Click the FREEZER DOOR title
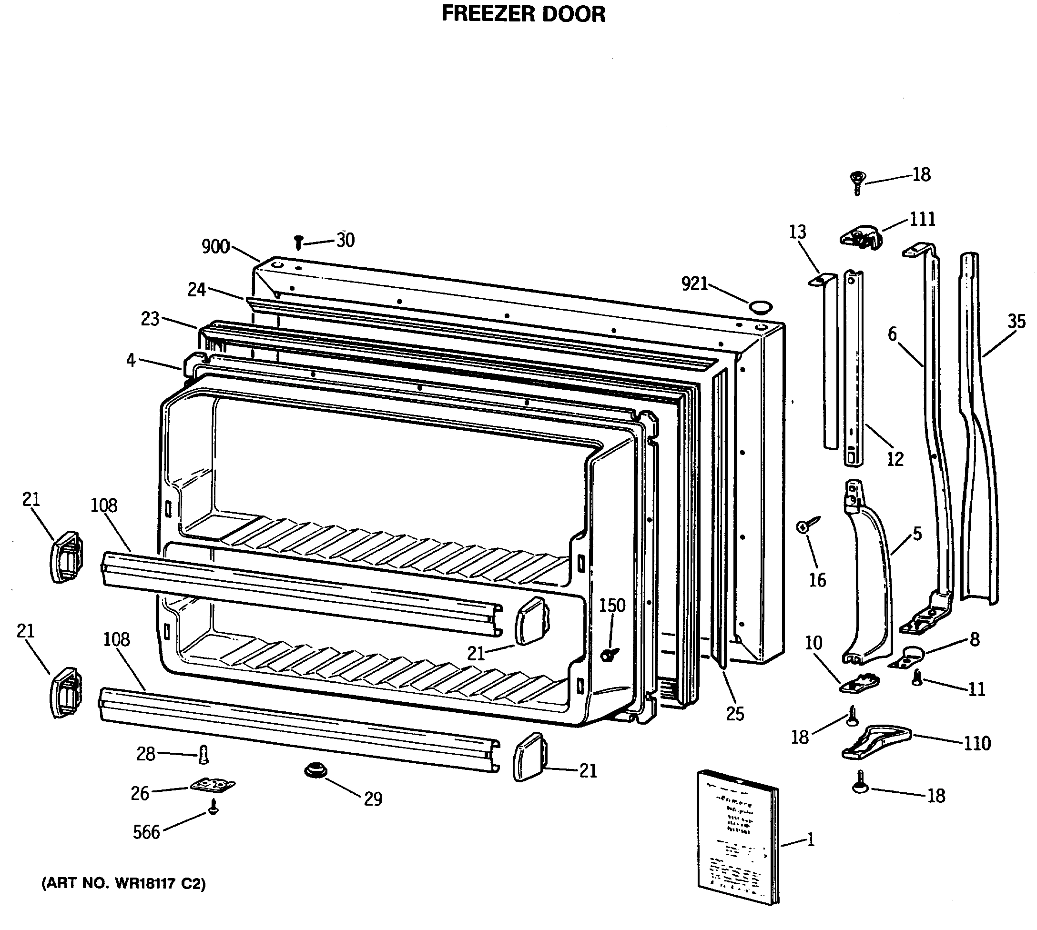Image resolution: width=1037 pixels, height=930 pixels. coord(523,14)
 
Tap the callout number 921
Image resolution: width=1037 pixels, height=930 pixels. coord(694,283)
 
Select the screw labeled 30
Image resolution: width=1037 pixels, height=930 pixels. coord(299,242)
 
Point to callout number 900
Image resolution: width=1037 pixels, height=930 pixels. coord(216,247)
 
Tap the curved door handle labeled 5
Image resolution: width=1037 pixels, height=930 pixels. coord(869,577)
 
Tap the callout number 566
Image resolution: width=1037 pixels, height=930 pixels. coord(147,832)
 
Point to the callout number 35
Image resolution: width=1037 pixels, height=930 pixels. coord(1017,322)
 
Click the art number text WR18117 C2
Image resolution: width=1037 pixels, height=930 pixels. coord(124,884)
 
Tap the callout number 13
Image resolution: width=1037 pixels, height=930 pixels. coord(797,232)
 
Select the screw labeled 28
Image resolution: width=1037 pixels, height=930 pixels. coord(203,754)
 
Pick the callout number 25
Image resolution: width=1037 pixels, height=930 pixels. coord(735,714)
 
